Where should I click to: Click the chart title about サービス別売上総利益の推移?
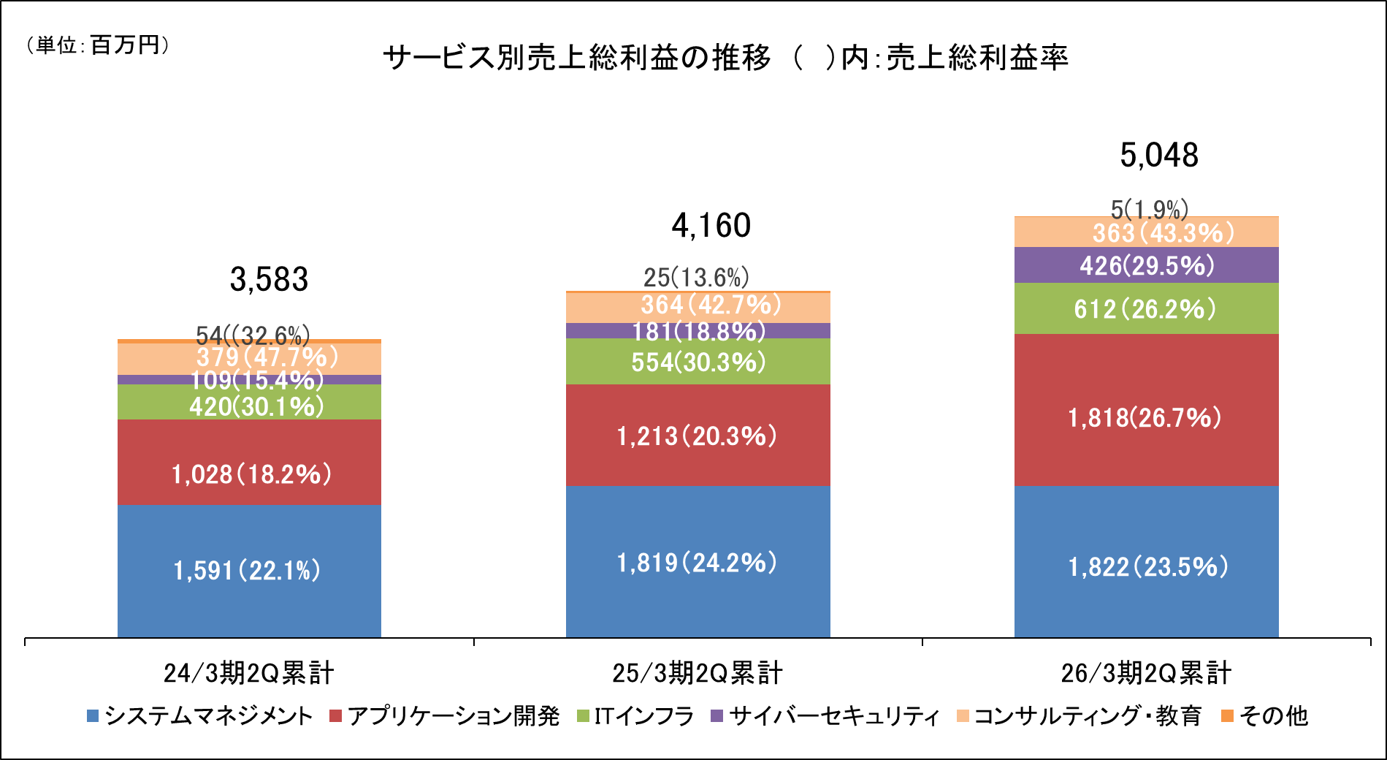(725, 58)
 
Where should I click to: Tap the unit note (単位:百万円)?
(97, 45)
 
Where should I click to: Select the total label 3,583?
(269, 279)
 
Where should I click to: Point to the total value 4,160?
(711, 225)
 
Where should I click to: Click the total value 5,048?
(1159, 156)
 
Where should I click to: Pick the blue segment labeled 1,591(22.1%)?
(248, 571)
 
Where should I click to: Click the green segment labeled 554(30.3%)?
(698, 362)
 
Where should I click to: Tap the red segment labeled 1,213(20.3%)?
(698, 436)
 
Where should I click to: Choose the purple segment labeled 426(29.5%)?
(1147, 265)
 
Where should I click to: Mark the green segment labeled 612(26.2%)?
(1145, 309)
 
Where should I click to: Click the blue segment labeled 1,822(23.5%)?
(1147, 567)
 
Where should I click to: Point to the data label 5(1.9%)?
(1149, 210)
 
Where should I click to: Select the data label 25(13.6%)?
(696, 278)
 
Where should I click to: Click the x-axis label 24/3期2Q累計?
(249, 673)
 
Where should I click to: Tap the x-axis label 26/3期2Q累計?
(1146, 673)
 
